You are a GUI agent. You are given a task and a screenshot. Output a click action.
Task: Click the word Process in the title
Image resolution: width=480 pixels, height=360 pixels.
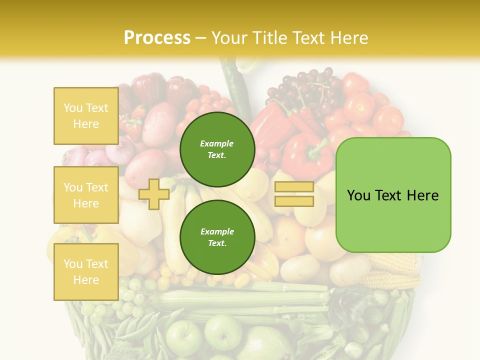[157, 37]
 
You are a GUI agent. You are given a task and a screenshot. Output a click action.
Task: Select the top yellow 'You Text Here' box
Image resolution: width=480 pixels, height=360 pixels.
[86, 116]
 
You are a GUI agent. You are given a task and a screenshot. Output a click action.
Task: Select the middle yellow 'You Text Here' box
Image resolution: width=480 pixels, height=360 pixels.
[86, 195]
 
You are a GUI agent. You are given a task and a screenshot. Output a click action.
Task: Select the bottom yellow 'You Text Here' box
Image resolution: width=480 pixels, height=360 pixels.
[86, 272]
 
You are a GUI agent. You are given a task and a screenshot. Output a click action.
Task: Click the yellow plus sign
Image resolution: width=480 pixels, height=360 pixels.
[154, 194]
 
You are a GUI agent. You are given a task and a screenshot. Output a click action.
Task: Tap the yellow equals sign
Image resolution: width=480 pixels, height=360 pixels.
[294, 194]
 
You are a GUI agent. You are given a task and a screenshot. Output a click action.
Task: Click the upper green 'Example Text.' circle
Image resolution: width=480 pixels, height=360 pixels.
[217, 149]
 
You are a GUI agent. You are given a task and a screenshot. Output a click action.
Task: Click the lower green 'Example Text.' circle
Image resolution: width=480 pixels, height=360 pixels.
[217, 237]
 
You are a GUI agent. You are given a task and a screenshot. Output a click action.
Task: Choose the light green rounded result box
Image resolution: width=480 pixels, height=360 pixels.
[393, 195]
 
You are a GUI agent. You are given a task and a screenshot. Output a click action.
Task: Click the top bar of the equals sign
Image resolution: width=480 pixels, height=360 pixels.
[294, 187]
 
